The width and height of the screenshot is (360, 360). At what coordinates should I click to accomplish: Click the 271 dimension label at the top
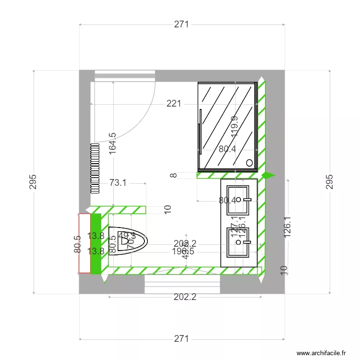[x=181, y=25]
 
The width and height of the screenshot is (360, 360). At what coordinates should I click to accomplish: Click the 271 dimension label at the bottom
[x=181, y=339]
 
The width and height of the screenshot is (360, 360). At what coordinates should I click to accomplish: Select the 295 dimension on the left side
[x=33, y=181]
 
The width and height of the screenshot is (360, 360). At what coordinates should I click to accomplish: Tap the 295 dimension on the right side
[x=329, y=181]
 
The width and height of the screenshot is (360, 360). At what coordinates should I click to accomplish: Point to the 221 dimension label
[x=174, y=103]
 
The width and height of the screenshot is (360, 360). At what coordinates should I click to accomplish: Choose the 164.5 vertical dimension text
[x=112, y=143]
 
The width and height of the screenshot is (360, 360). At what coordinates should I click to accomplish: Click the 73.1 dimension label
[x=118, y=183]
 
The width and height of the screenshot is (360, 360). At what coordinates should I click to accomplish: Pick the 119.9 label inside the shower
[x=234, y=127]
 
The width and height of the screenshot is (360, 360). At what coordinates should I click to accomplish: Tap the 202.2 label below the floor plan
[x=185, y=297]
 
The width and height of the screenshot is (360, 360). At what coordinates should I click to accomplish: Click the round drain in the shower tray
[x=249, y=162]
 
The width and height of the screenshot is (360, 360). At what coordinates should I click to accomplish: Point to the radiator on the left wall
[x=95, y=168]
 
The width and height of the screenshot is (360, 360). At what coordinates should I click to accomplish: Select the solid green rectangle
[x=96, y=244]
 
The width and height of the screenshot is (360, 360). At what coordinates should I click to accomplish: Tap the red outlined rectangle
[x=84, y=244]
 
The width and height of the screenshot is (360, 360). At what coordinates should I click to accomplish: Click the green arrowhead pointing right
[x=269, y=176]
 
